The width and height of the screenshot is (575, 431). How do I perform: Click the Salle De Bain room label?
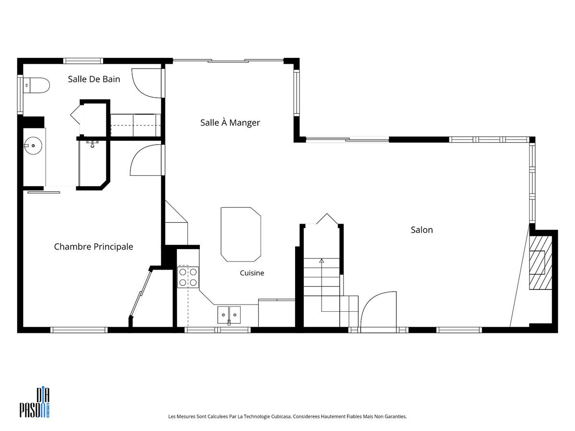pos(94,79)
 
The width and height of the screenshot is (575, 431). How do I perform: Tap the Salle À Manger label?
pos(230,123)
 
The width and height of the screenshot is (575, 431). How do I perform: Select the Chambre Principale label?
pos(93,247)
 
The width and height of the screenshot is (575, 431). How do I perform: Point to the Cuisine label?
pos(252,273)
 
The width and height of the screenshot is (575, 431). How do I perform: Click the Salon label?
pos(422,230)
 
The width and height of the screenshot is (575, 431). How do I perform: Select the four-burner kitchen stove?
pos(188,277)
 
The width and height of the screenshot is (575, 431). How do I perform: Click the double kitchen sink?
pos(229,315)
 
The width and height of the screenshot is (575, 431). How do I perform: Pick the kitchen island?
pos(241,235)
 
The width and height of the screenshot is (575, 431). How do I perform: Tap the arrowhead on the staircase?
pos(322,261)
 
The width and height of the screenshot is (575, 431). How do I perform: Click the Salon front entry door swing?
pos(379,311)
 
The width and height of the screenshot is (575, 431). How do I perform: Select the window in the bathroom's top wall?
pos(83,61)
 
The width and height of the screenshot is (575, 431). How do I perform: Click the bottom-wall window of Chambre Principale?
pos(79,330)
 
